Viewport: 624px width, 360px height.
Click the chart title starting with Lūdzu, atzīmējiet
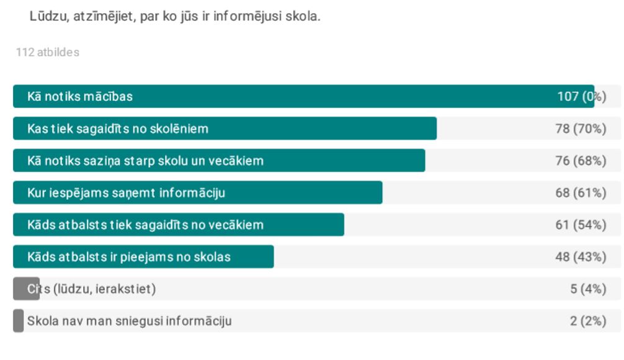(x=175, y=17)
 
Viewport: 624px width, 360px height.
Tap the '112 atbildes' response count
(x=48, y=53)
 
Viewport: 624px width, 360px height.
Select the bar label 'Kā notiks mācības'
(x=80, y=97)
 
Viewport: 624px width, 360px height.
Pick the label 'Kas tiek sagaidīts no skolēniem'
(x=118, y=129)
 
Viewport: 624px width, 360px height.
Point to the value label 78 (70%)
(x=581, y=129)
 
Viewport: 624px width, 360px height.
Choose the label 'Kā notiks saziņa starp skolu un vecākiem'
(x=145, y=161)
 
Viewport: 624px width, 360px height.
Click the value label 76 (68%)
(x=581, y=161)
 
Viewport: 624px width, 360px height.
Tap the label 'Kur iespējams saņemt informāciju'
(x=126, y=193)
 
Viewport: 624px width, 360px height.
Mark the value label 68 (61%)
(x=581, y=193)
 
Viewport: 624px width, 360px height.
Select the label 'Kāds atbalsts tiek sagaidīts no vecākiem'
(x=145, y=225)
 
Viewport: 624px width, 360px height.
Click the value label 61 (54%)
(x=581, y=225)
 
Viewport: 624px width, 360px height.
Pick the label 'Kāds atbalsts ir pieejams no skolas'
(x=129, y=257)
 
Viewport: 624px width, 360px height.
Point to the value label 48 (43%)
(x=581, y=257)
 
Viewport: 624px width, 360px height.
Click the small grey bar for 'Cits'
(x=26, y=289)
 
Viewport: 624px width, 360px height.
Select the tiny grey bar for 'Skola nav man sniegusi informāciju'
(x=19, y=321)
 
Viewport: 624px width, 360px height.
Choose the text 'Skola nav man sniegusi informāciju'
(x=130, y=321)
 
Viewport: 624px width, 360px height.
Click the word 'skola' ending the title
(x=303, y=17)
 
